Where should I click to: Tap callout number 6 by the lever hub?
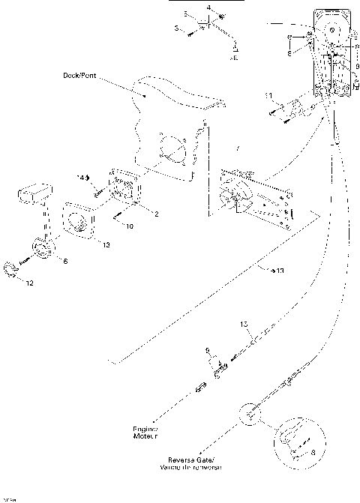tap(65, 260)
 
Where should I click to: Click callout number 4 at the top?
tap(208, 7)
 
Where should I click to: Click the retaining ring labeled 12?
tap(11, 269)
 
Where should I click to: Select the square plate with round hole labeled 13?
tap(79, 223)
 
